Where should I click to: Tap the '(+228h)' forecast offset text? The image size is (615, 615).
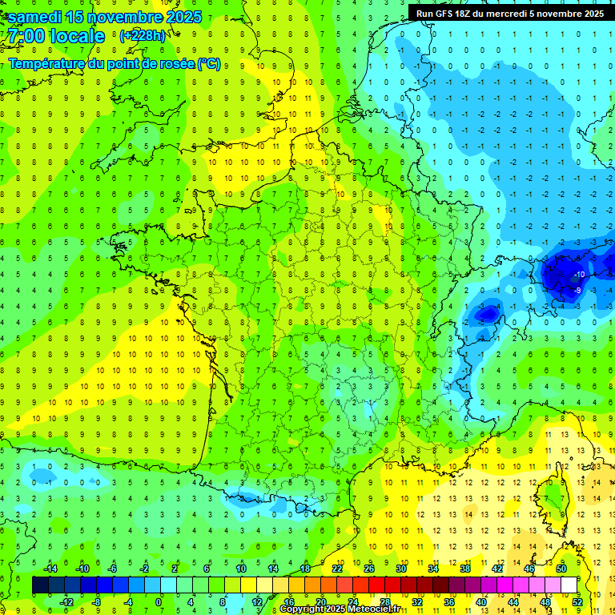142,35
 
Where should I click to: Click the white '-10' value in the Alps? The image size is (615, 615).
580,275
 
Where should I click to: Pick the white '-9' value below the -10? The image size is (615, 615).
577,290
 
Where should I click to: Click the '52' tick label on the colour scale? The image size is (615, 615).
577,602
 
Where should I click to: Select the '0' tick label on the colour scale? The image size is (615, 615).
159,602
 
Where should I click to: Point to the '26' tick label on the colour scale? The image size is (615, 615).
369,569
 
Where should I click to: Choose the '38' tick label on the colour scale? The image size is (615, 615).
464,569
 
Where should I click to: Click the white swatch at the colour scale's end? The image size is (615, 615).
569,585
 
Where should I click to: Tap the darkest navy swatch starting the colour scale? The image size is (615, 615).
40,585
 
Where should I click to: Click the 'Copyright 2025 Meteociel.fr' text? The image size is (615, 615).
340,609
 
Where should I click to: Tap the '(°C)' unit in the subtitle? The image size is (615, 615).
207,64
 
